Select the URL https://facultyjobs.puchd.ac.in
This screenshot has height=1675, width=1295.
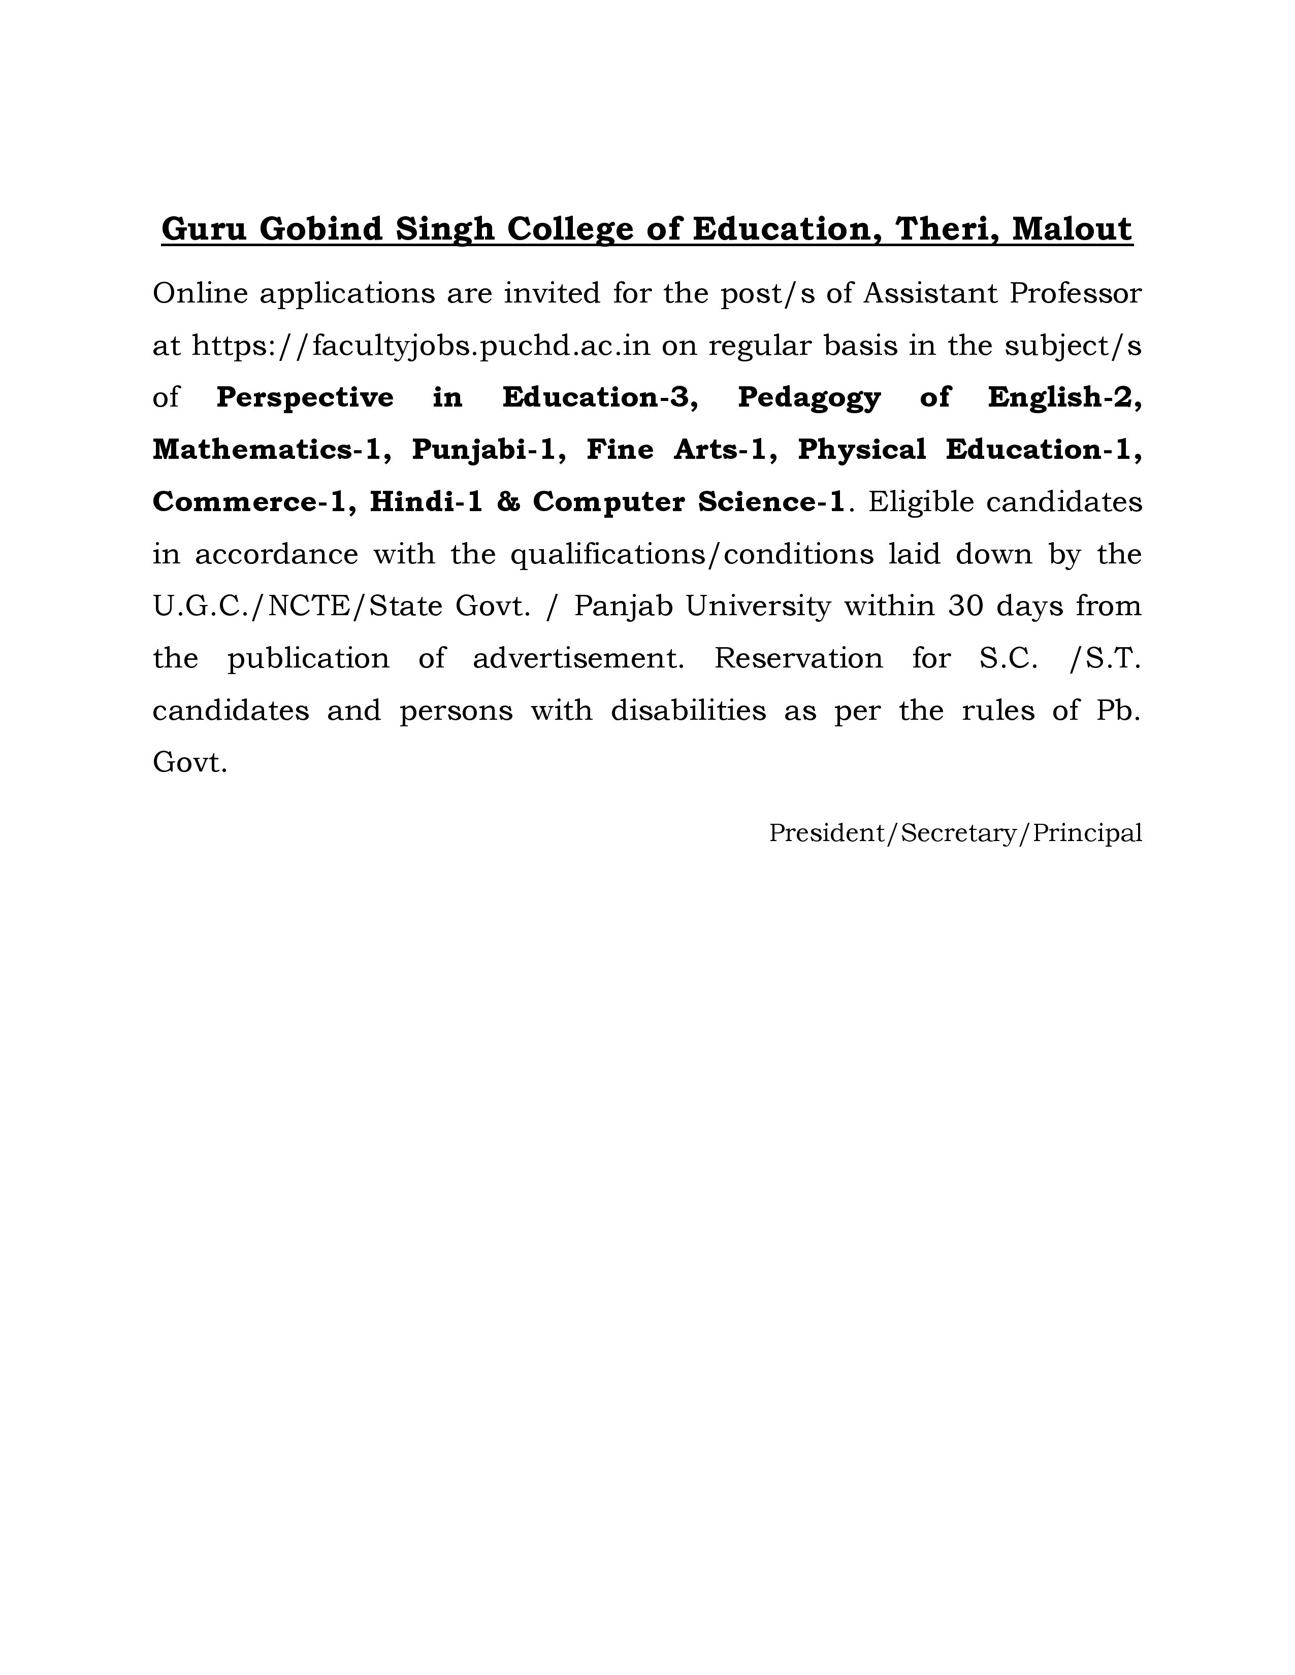[x=420, y=346]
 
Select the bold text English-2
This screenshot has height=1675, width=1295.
[x=1064, y=397]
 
